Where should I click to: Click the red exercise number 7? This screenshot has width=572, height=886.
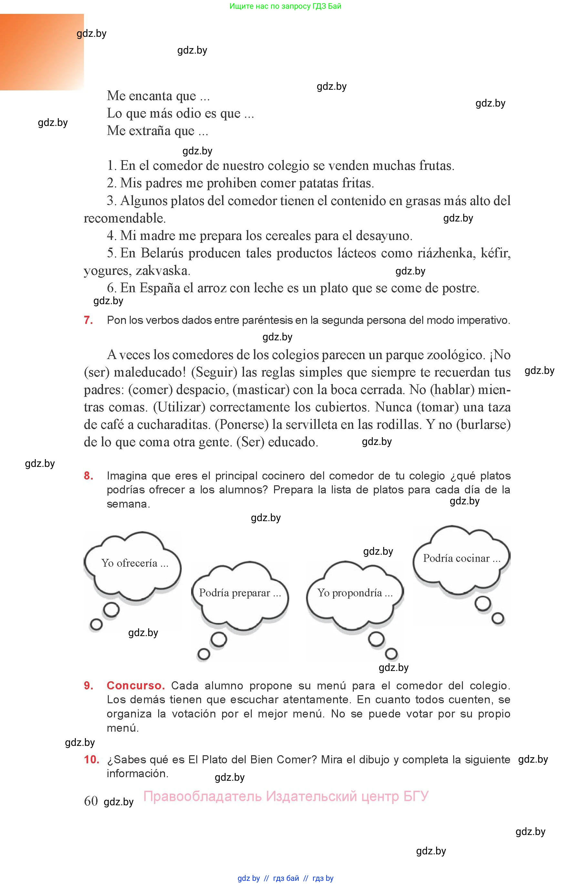click(88, 320)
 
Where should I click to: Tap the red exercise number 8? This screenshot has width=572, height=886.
click(88, 476)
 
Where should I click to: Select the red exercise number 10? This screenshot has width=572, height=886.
click(91, 759)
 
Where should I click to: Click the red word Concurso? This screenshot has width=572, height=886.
click(136, 685)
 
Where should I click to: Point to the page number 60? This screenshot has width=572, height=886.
click(91, 801)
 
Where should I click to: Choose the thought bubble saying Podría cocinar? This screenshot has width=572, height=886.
click(461, 559)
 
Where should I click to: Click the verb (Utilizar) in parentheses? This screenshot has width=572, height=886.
click(179, 407)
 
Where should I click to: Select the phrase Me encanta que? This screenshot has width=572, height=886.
click(158, 96)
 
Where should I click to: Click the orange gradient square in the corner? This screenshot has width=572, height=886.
click(42, 52)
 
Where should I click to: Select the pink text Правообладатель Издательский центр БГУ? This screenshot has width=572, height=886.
click(286, 796)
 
